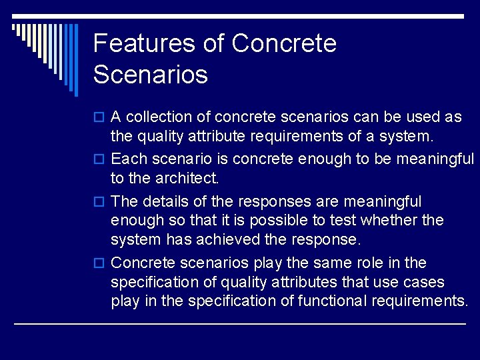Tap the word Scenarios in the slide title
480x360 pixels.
(x=151, y=74)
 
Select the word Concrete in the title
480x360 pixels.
(x=284, y=43)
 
